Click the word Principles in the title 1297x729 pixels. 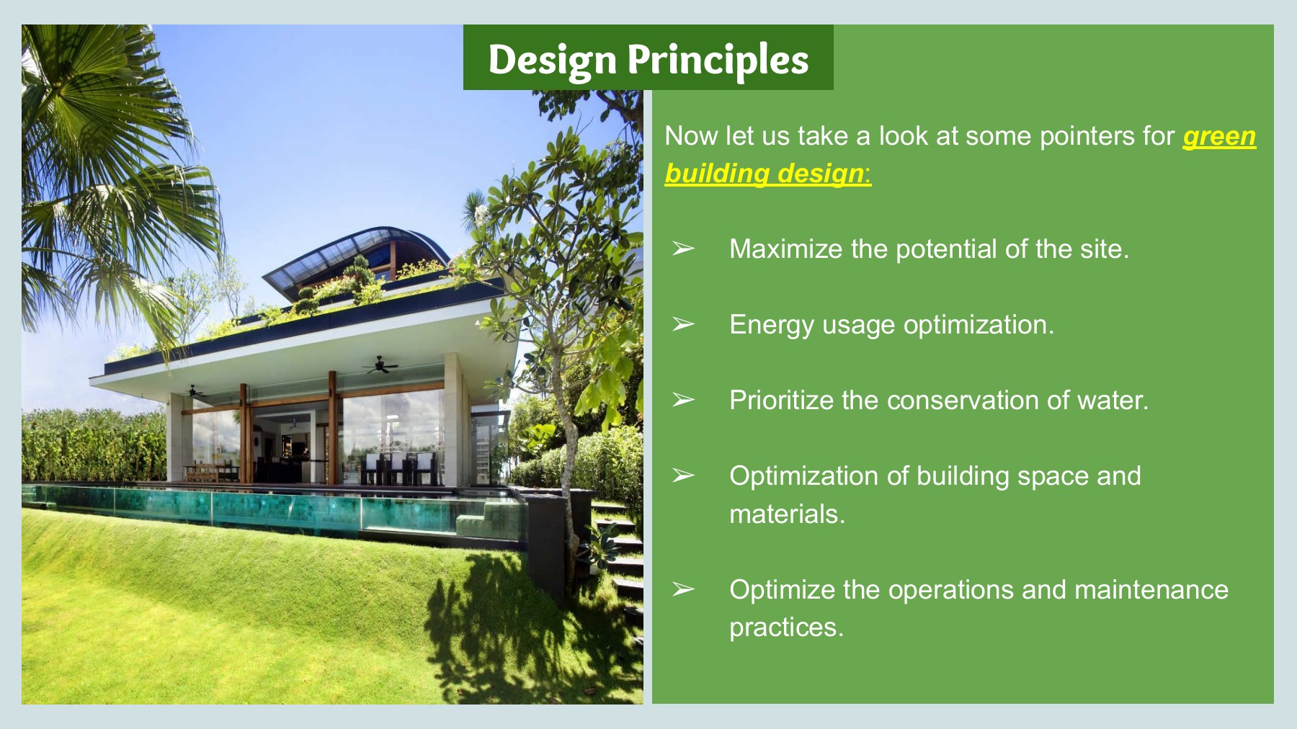[718, 59]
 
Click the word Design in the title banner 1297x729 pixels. [552, 59]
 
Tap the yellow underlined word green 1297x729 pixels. [1219, 135]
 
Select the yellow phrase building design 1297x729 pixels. [765, 173]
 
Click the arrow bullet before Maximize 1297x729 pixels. [683, 249]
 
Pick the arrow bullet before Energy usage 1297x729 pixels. [683, 325]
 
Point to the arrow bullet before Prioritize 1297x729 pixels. [683, 401]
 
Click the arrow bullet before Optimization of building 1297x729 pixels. [683, 476]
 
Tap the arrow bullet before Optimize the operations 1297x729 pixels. [683, 590]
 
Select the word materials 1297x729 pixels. [786, 514]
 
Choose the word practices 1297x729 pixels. [785, 627]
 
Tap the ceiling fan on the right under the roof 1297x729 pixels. [380, 366]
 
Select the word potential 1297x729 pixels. [946, 249]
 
